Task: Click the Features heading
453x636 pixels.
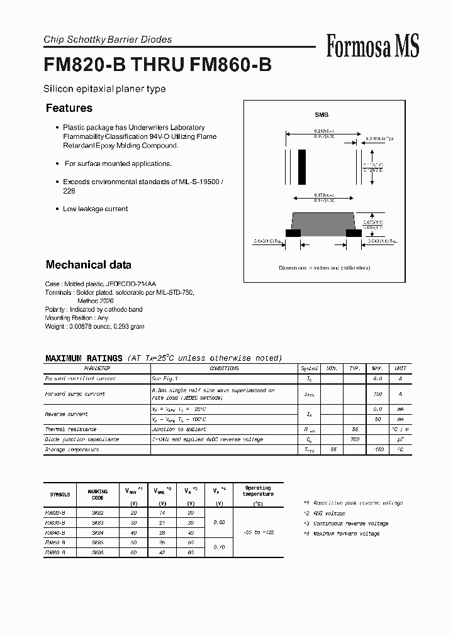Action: coord(69,108)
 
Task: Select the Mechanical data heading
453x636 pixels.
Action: coord(89,265)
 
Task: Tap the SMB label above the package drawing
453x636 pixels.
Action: coord(322,115)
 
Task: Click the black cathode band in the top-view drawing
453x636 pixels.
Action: coord(302,165)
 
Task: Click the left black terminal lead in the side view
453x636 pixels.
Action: coord(293,233)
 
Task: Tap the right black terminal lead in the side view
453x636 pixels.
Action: coord(354,233)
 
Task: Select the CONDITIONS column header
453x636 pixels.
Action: coord(224,368)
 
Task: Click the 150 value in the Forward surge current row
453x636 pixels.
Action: coord(378,394)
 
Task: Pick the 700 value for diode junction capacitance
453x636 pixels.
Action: coord(355,439)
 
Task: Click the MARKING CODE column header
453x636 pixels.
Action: coord(98,495)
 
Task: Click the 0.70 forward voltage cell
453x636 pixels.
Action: coord(219,547)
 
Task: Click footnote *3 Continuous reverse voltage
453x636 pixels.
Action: coord(345,524)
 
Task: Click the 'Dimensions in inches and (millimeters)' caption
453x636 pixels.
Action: coord(325,268)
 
